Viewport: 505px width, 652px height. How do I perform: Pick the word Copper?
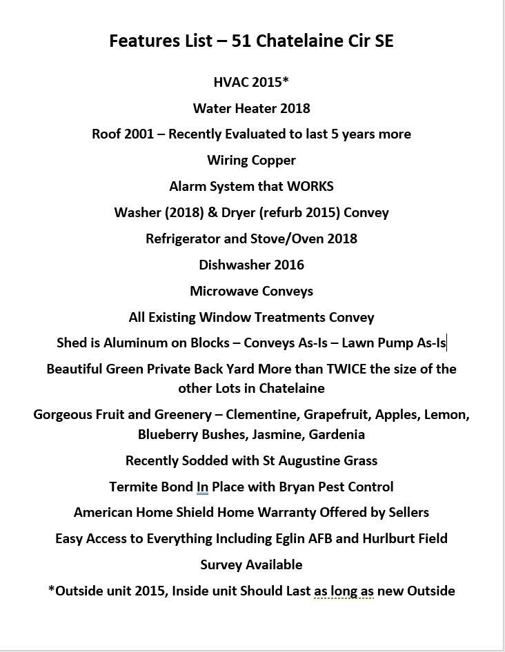pyautogui.click(x=273, y=161)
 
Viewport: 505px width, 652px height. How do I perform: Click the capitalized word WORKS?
pyautogui.click(x=310, y=187)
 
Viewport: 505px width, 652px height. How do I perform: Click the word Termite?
pyautogui.click(x=133, y=487)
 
